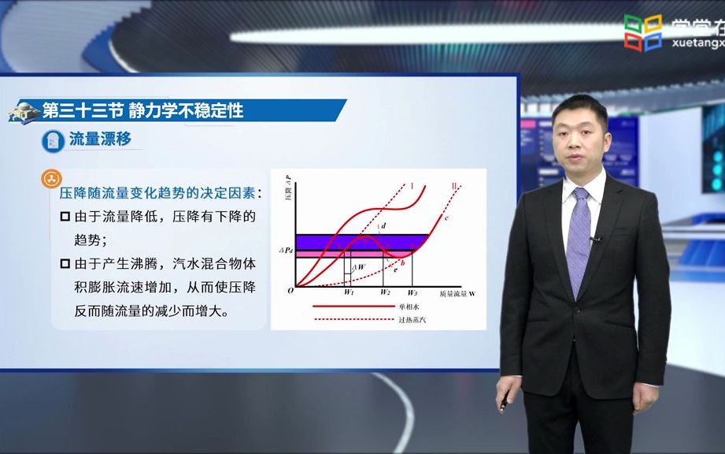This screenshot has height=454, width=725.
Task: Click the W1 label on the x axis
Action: coord(350,292)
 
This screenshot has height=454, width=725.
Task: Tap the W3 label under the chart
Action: coord(412,292)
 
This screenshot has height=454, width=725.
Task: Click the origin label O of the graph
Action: coord(290,290)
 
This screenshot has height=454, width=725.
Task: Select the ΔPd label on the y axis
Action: coord(285,250)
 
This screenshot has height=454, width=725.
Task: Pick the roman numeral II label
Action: coord(454,186)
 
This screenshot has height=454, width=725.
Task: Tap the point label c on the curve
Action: coord(446,217)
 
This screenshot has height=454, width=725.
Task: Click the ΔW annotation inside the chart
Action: coord(358,267)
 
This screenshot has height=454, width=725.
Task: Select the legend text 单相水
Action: coord(409,305)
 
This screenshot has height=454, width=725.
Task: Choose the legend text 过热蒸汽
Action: coord(412,318)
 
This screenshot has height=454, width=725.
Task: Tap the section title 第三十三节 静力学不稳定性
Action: coord(142,110)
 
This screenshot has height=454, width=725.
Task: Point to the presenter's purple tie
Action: coord(579,236)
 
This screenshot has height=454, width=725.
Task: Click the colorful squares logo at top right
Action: coord(642,32)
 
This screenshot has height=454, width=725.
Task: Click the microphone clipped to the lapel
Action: coord(596,237)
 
